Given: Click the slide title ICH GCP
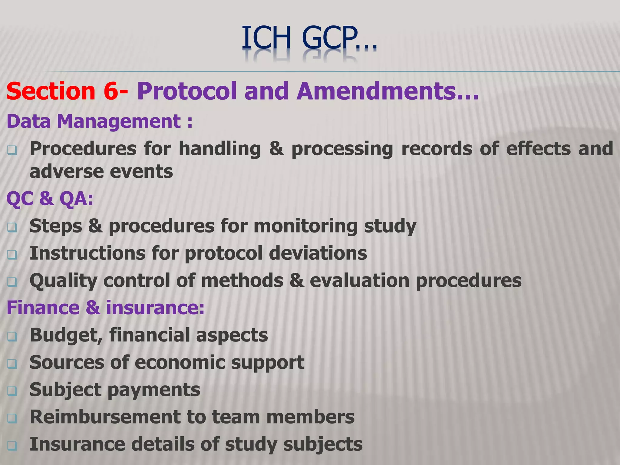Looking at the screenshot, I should [x=309, y=38].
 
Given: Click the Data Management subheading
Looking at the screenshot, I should [x=99, y=121].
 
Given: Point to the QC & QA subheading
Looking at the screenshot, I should [x=50, y=199].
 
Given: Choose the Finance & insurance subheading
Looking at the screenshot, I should [x=106, y=308].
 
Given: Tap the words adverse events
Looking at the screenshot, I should [x=101, y=172].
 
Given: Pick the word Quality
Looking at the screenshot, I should [x=63, y=281].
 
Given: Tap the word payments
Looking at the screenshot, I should [x=153, y=390].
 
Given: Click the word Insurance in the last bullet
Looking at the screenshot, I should [x=77, y=444].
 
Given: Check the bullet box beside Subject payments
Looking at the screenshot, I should [x=12, y=391].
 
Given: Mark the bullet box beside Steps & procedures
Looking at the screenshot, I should [x=12, y=227].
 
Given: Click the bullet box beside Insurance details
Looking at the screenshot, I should [x=12, y=445].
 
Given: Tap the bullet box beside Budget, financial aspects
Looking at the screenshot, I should [x=12, y=336].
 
